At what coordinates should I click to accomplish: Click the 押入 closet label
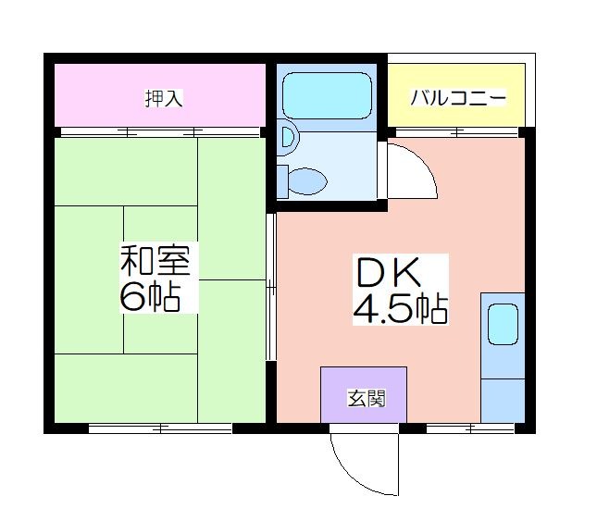[164, 98]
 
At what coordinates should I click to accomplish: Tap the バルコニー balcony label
[458, 98]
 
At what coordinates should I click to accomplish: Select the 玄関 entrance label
[367, 399]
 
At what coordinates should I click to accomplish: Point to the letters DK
[389, 272]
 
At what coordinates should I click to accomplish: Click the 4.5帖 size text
[400, 308]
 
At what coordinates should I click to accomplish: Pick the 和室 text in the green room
[155, 260]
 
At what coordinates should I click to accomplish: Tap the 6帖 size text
[150, 297]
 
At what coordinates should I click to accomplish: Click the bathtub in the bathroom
[327, 95]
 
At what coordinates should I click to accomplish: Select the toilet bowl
[307, 181]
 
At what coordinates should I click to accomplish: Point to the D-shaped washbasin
[288, 137]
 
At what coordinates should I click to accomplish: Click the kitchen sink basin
[503, 324]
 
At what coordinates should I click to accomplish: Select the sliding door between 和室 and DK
[270, 287]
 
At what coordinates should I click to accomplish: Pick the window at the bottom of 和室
[160, 428]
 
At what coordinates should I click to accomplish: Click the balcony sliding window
[457, 132]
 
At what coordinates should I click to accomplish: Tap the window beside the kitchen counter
[470, 428]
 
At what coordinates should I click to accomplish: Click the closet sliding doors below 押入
[160, 132]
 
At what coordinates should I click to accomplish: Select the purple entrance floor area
[364, 394]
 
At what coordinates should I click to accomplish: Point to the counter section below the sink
[503, 401]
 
